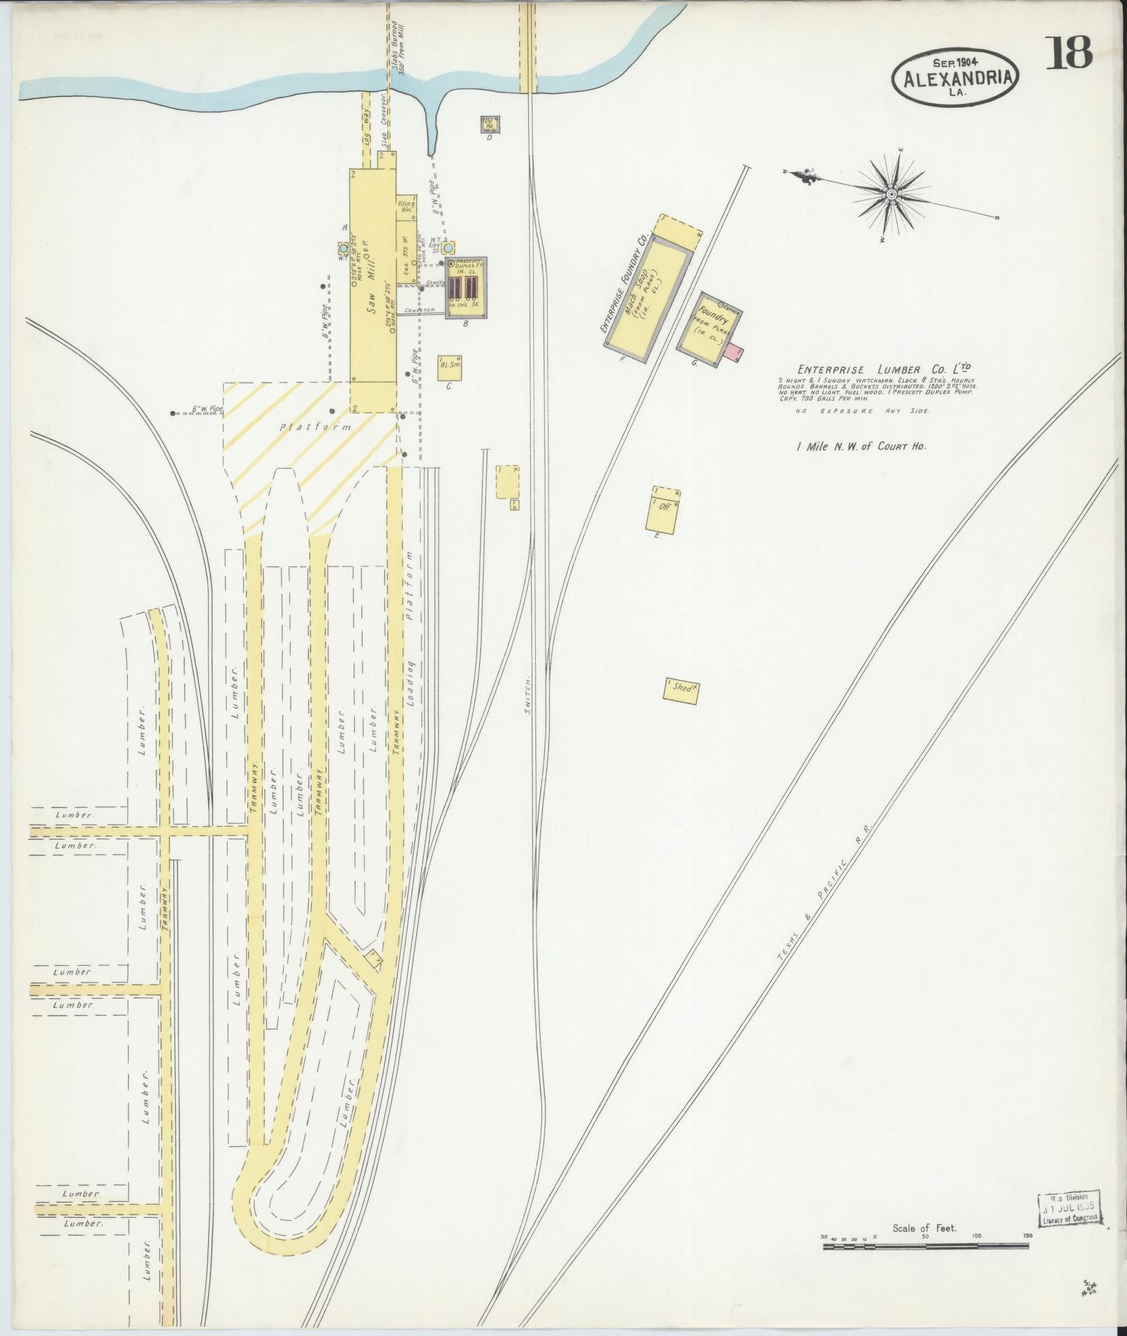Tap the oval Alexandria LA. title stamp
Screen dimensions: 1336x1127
[x=954, y=78]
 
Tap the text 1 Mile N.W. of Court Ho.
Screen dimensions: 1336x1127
[x=861, y=446]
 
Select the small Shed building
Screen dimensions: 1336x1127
[x=682, y=688]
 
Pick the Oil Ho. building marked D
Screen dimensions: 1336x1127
[x=490, y=125]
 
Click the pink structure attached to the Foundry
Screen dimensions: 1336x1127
[x=733, y=351]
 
